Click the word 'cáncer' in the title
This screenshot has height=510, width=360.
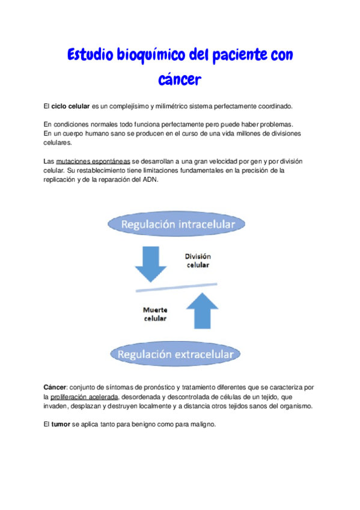point(180,79)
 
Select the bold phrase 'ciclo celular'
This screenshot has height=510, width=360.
point(70,106)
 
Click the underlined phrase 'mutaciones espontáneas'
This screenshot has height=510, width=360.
point(93,162)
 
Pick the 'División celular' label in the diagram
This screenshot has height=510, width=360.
point(198,260)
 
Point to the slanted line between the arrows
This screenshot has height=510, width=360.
point(177,287)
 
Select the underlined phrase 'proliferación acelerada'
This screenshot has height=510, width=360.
point(84,398)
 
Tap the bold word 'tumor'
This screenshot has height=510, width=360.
point(61,425)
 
